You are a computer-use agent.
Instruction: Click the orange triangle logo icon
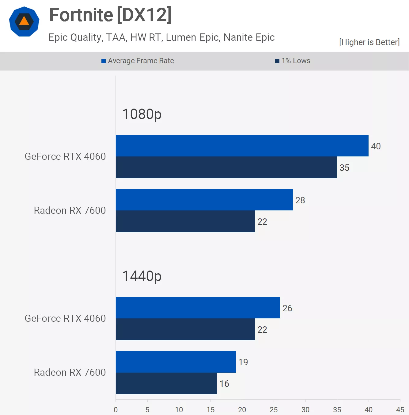point(24,21)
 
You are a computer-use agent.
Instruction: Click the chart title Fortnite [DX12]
point(110,15)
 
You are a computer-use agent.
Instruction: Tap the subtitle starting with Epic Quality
point(161,37)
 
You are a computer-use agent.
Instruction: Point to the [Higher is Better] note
point(369,42)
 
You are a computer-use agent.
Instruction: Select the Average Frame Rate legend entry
point(138,61)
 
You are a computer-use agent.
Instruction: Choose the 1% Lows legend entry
point(293,61)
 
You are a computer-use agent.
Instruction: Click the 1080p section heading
point(142,114)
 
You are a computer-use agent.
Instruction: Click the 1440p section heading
point(142,276)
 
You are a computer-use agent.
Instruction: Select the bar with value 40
point(242,146)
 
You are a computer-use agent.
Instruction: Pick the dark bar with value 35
point(226,167)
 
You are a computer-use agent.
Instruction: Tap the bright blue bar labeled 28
point(204,200)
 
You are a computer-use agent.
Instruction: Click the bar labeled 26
point(198,308)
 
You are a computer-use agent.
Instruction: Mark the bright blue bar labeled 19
point(176,362)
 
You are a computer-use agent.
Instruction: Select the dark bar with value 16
point(166,383)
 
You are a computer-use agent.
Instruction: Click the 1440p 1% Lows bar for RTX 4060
point(185,329)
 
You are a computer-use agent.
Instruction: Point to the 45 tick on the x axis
point(400,409)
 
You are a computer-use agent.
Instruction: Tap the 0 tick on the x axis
point(116,409)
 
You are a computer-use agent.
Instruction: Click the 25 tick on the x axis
point(274,409)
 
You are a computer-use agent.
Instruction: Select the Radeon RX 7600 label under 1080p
point(70,210)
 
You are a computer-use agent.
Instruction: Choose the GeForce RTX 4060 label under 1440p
point(65,318)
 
